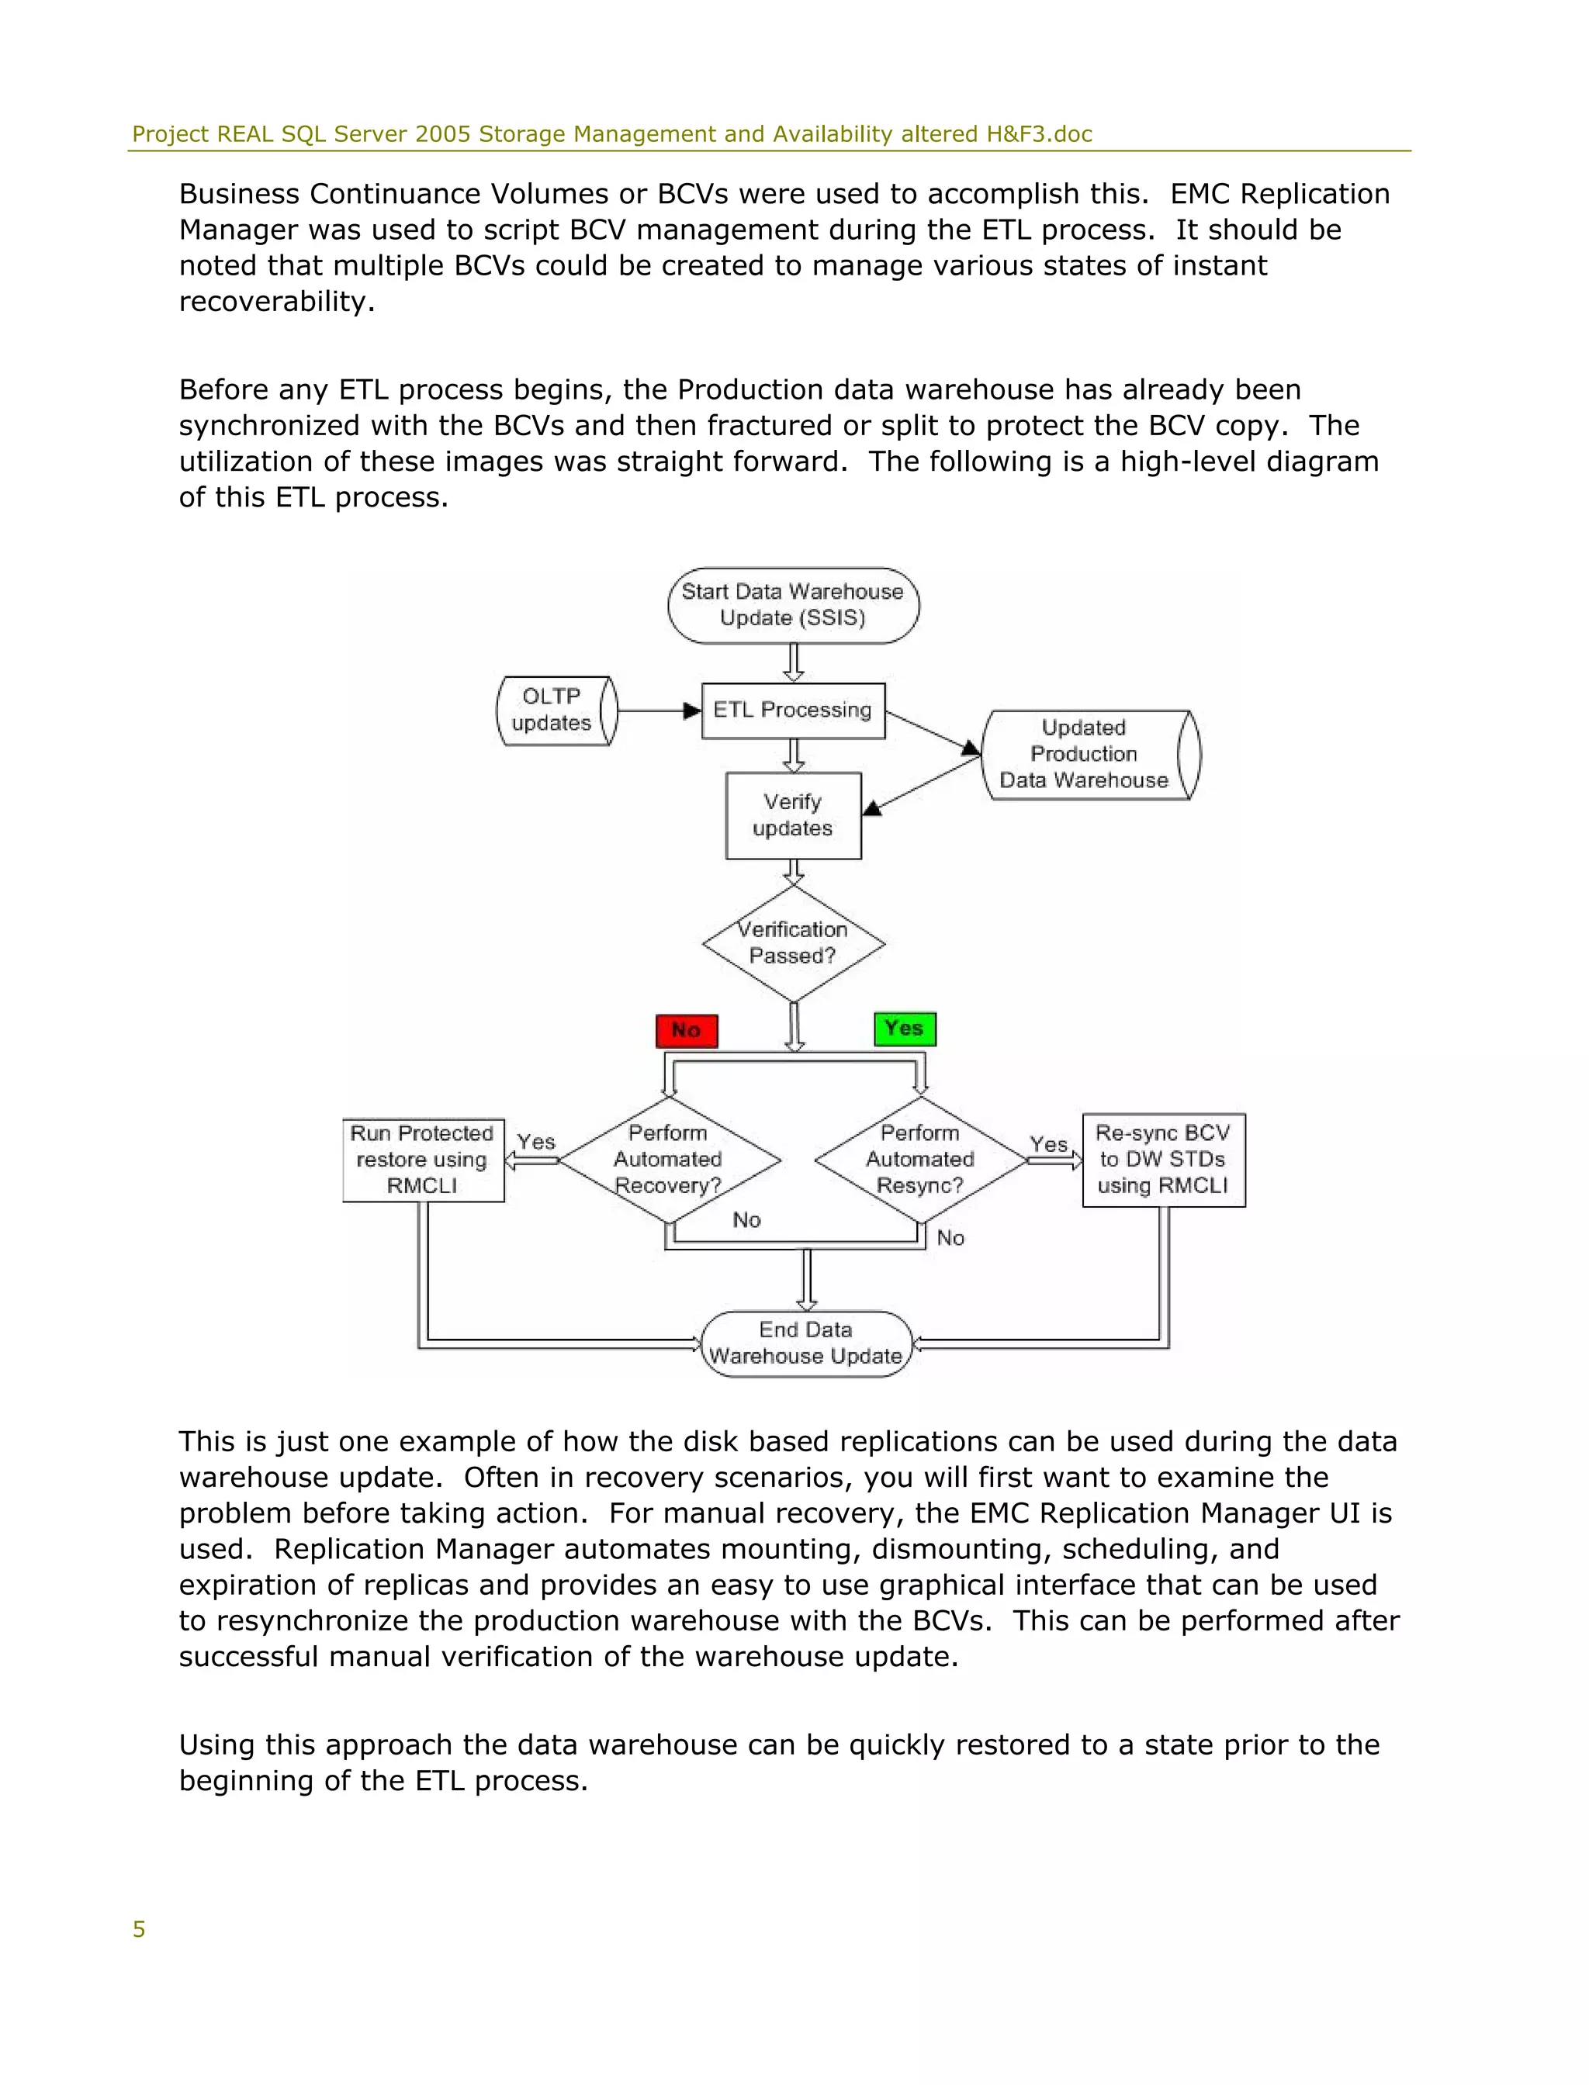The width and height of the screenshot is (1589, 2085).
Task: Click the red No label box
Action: point(687,1031)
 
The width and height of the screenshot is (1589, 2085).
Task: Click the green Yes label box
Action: point(904,1029)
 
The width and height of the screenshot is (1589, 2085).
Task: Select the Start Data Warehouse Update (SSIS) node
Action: point(793,605)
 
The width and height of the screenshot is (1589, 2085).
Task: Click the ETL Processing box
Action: point(793,711)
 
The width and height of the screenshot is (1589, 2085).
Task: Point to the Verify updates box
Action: point(793,815)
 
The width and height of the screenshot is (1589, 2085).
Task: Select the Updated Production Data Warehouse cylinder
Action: point(1089,755)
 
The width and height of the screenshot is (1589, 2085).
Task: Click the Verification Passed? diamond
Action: point(793,942)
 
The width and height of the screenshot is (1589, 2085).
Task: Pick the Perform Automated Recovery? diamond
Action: point(669,1160)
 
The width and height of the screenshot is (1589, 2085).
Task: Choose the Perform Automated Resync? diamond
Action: point(920,1160)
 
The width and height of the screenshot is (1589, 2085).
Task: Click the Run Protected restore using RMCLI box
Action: point(423,1160)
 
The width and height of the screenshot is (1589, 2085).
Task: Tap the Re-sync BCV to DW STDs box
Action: point(1162,1160)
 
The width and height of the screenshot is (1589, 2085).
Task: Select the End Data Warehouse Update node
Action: point(806,1343)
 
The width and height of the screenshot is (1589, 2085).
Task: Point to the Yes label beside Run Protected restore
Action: point(536,1141)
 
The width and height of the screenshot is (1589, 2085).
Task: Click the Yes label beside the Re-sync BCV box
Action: point(1048,1144)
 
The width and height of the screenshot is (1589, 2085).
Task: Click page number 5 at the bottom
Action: point(139,1929)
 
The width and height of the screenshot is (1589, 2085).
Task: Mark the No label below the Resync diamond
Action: point(950,1238)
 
